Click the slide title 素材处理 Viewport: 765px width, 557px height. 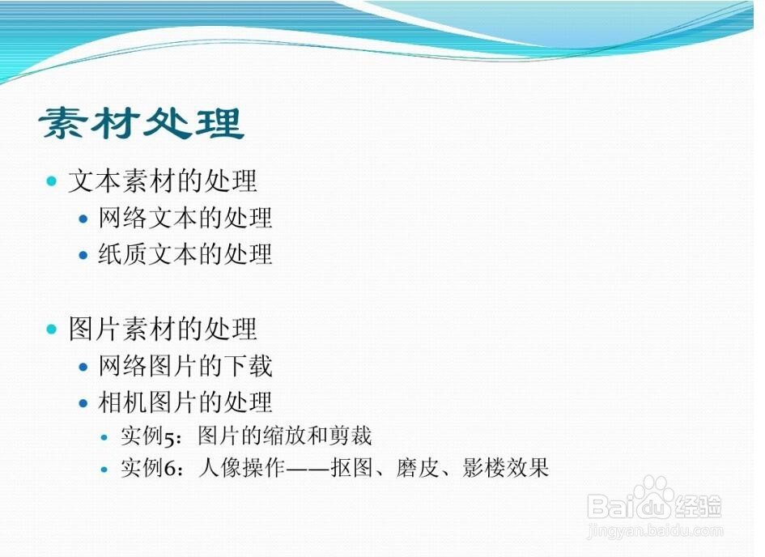[x=142, y=123]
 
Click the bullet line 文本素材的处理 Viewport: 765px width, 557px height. [x=163, y=181]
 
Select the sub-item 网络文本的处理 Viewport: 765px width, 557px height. [x=185, y=218]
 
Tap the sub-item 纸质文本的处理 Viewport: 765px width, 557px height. [x=185, y=254]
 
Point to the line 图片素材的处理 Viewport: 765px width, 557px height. [x=163, y=329]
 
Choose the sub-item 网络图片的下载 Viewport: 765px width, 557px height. [x=185, y=366]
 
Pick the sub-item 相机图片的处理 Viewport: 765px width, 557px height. [x=185, y=402]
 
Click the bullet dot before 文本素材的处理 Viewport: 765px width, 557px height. [x=52, y=181]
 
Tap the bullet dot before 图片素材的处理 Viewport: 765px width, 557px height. [x=52, y=330]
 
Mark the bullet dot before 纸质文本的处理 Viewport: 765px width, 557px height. [x=83, y=255]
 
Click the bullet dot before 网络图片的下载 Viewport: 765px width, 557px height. [x=83, y=367]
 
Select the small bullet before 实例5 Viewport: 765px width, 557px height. [x=104, y=437]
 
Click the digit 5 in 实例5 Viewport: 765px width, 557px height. [x=169, y=437]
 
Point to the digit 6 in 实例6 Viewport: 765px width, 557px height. [x=169, y=468]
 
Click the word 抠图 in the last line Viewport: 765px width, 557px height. [x=351, y=468]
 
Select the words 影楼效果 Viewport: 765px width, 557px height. [x=505, y=468]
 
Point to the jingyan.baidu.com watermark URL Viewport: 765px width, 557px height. [x=655, y=530]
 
